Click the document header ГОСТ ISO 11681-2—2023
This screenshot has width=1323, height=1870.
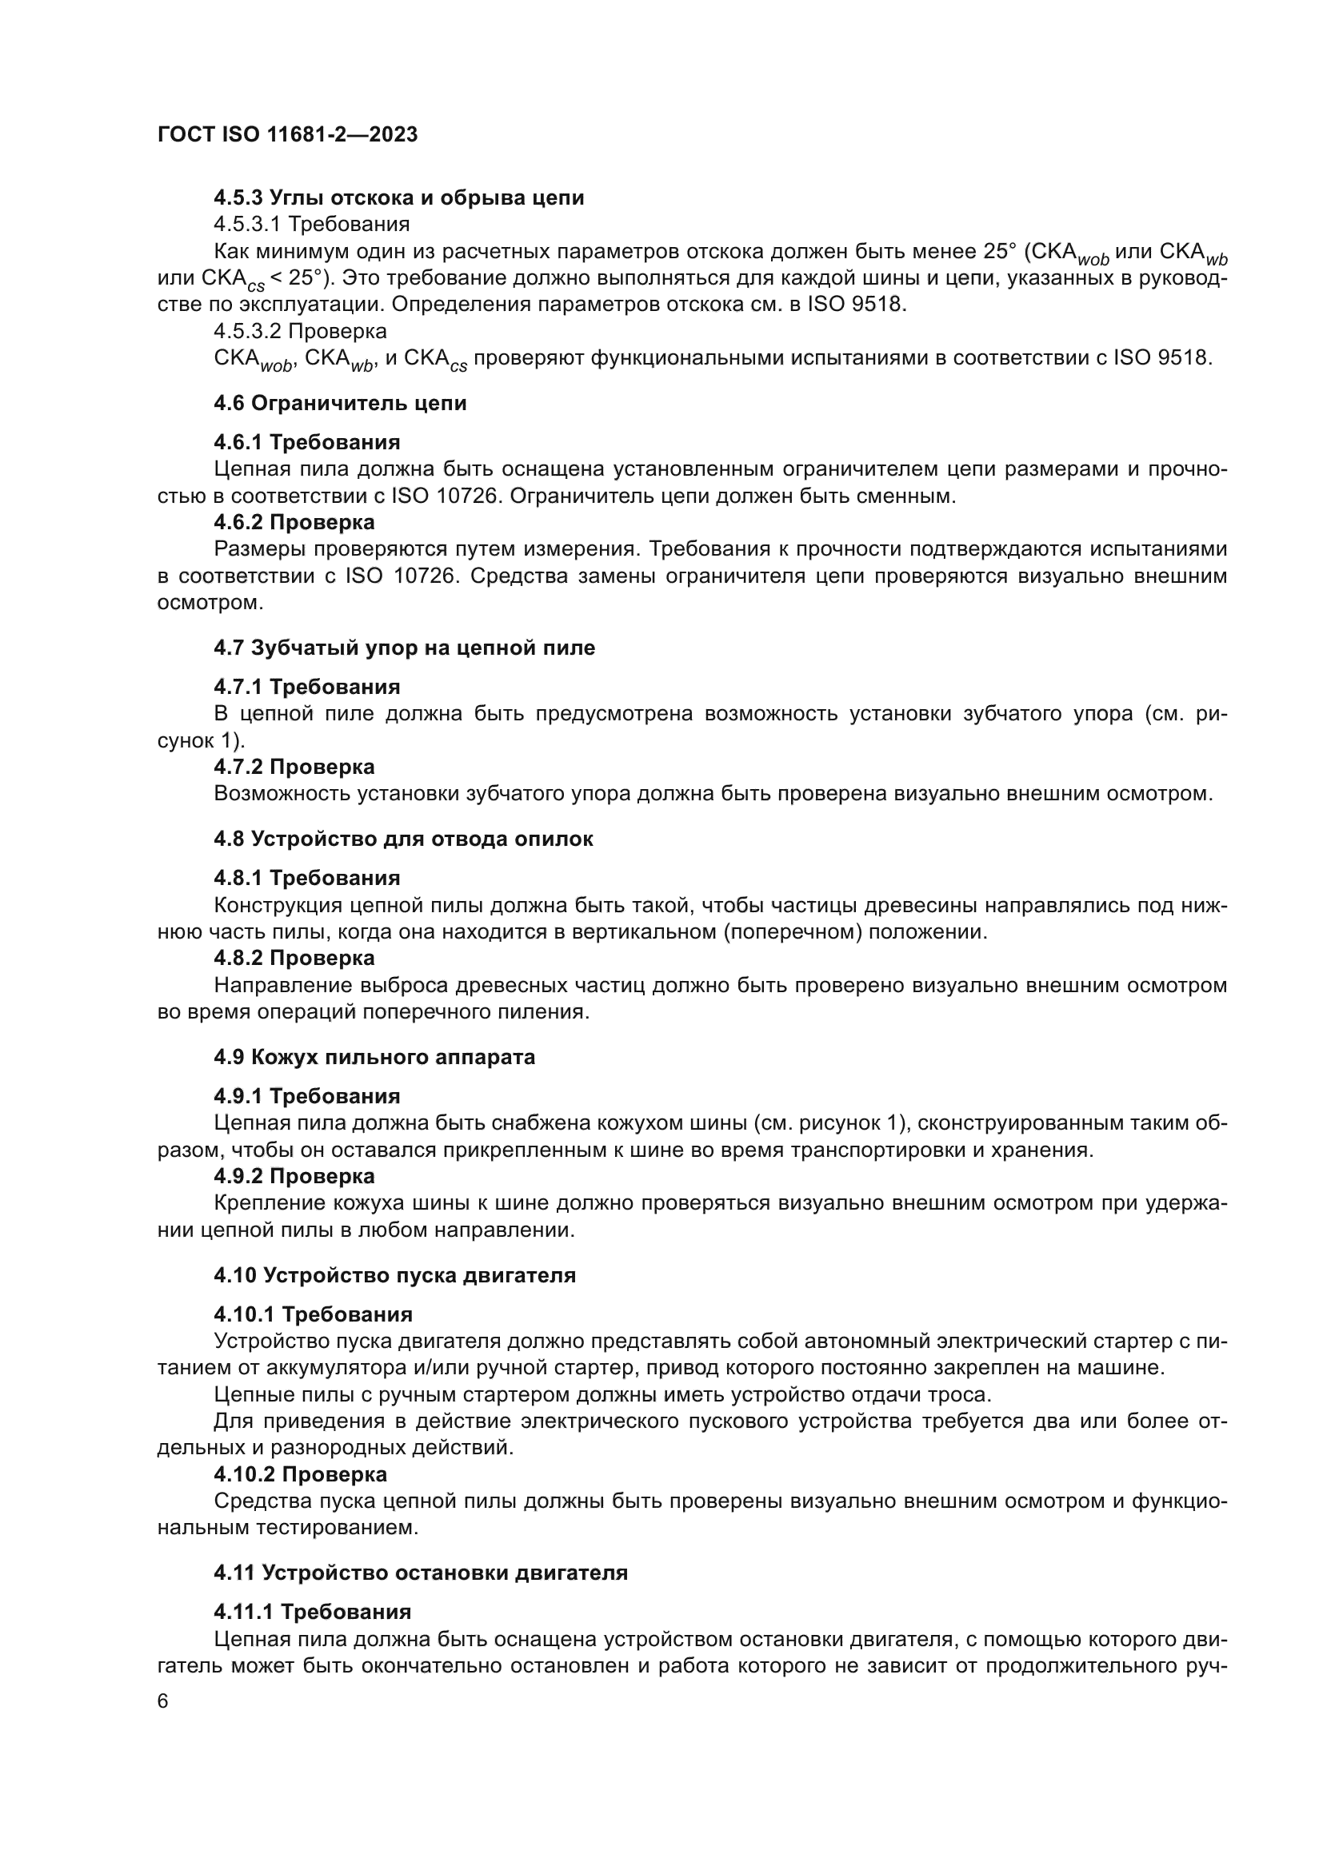[x=287, y=135]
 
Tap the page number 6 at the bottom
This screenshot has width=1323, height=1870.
[x=163, y=1701]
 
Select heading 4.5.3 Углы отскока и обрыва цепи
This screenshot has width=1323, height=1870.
[x=398, y=198]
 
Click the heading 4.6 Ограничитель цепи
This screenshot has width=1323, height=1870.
[x=340, y=403]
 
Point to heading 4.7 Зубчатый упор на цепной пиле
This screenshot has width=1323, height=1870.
[x=404, y=648]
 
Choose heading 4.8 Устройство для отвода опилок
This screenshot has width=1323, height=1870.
[x=403, y=839]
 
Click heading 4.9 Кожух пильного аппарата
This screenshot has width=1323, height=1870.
[x=374, y=1057]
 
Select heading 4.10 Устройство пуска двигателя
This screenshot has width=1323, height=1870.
[x=394, y=1275]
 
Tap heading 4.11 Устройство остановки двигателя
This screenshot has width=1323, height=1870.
[x=421, y=1573]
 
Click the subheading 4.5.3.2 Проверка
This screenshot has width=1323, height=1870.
[x=300, y=332]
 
